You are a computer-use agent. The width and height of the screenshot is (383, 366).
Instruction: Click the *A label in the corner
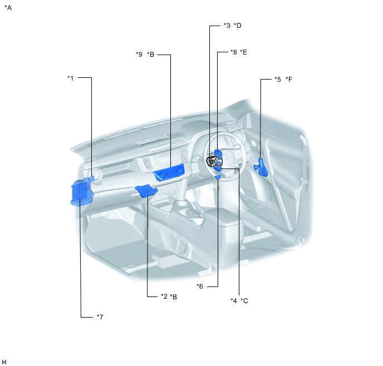coord(8,8)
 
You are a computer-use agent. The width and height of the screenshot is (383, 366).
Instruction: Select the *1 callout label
coord(70,78)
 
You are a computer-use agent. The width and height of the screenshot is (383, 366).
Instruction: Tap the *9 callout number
coord(139,54)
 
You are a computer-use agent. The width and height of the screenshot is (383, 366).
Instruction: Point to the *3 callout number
coord(227,26)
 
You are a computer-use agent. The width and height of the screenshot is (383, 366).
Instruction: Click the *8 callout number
coord(234,52)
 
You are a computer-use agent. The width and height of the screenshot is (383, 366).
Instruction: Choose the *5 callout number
coord(278,80)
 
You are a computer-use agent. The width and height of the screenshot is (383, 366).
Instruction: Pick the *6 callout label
coord(200,286)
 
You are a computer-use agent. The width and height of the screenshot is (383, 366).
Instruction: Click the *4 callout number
coord(234,300)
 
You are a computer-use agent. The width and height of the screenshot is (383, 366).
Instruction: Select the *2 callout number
coord(164,296)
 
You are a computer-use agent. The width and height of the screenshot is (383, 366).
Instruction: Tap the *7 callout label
coord(100,316)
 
